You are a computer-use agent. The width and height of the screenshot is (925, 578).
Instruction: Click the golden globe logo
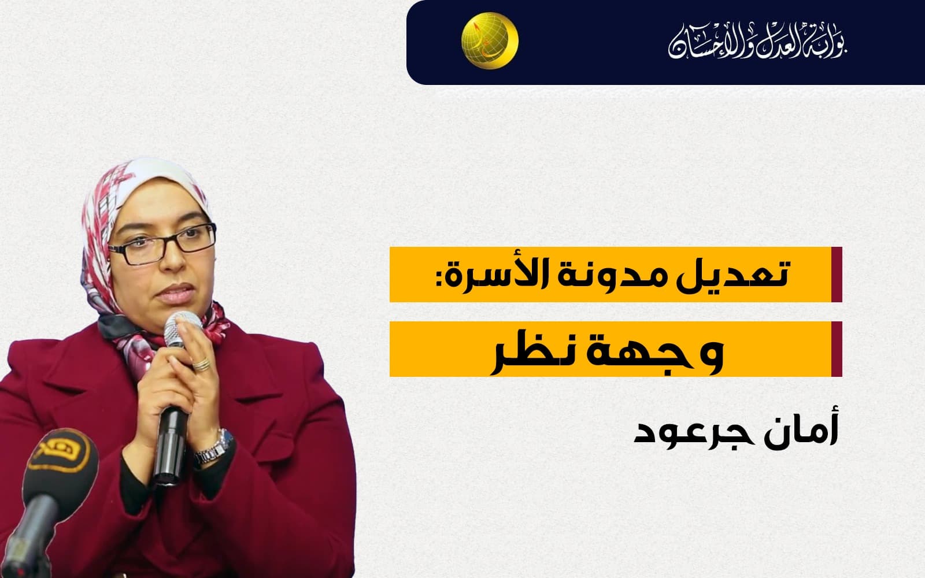point(490,40)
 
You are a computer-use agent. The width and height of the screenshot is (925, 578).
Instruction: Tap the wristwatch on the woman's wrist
point(214,449)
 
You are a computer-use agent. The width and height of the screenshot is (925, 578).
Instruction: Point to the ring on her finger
point(202,364)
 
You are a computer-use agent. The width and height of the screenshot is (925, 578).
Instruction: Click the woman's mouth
point(176,294)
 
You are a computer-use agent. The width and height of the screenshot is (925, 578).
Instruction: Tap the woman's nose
point(173,261)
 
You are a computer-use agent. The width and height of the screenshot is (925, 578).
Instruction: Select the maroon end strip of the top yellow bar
point(837,275)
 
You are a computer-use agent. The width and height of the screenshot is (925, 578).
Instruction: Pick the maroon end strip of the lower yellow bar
point(837,349)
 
